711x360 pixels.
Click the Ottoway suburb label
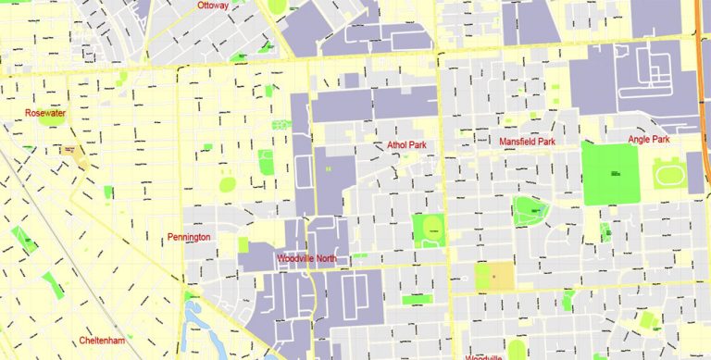(213, 6)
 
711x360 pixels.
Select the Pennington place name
(189, 238)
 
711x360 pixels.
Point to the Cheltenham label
(101, 341)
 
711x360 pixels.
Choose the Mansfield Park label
(527, 142)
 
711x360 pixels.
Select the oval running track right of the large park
(667, 174)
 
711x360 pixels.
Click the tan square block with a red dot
(494, 276)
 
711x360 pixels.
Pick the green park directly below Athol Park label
(430, 230)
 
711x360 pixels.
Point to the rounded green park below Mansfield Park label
(529, 210)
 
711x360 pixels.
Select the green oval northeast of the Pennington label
(228, 184)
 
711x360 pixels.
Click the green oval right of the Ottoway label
(278, 6)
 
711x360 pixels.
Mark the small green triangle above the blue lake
(189, 296)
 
